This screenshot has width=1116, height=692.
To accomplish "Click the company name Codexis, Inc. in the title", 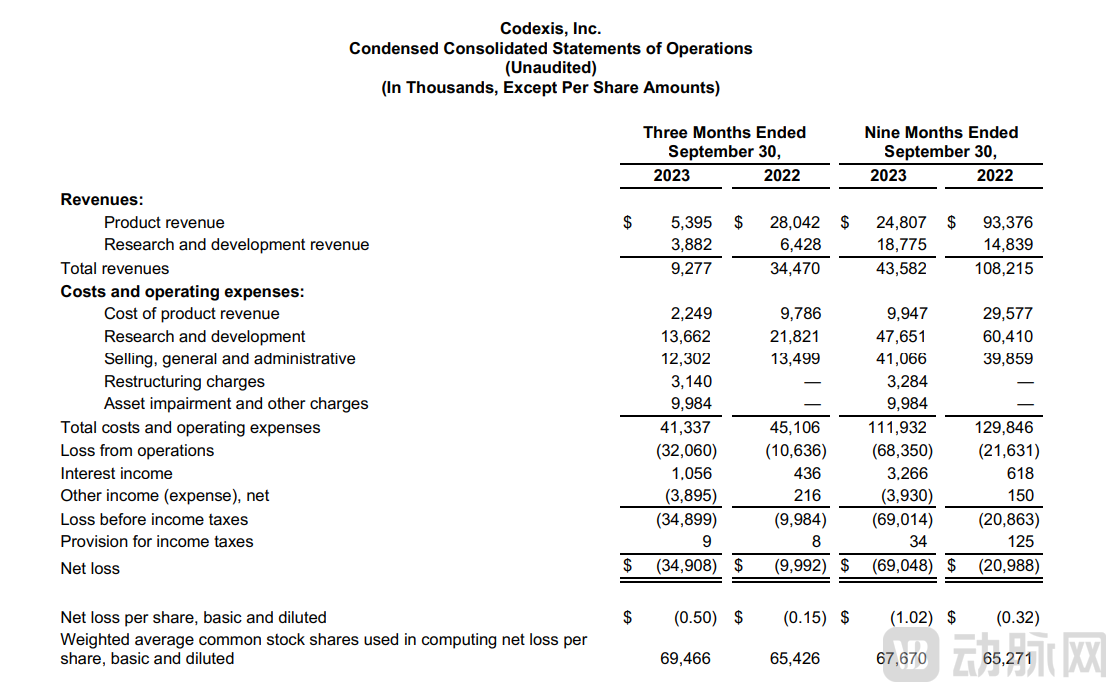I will pyautogui.click(x=550, y=29).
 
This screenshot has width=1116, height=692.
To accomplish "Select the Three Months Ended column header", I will pyautogui.click(x=724, y=132).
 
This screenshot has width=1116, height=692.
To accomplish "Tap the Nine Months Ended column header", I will pyautogui.click(x=940, y=132).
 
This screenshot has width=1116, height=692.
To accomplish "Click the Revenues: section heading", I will pyautogui.click(x=102, y=199).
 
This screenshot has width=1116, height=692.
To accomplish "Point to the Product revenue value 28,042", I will pyautogui.click(x=795, y=222).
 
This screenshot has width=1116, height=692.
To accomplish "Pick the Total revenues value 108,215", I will pyautogui.click(x=1005, y=268).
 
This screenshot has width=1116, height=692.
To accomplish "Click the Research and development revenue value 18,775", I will pyautogui.click(x=901, y=244).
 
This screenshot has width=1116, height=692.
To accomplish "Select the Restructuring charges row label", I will pyautogui.click(x=184, y=381).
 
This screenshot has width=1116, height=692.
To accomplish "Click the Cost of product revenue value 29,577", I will pyautogui.click(x=1008, y=313).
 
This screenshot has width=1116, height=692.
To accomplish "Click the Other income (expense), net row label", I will pyautogui.click(x=164, y=495).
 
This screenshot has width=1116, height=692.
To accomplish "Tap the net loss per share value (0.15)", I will pyautogui.click(x=804, y=617).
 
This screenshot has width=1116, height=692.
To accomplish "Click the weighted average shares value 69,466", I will pyautogui.click(x=686, y=658).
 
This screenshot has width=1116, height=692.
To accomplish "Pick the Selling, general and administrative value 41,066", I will pyautogui.click(x=901, y=358).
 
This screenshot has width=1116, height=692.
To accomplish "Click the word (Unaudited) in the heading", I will pyautogui.click(x=550, y=68).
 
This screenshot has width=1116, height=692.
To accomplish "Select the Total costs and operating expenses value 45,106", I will pyautogui.click(x=795, y=427).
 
